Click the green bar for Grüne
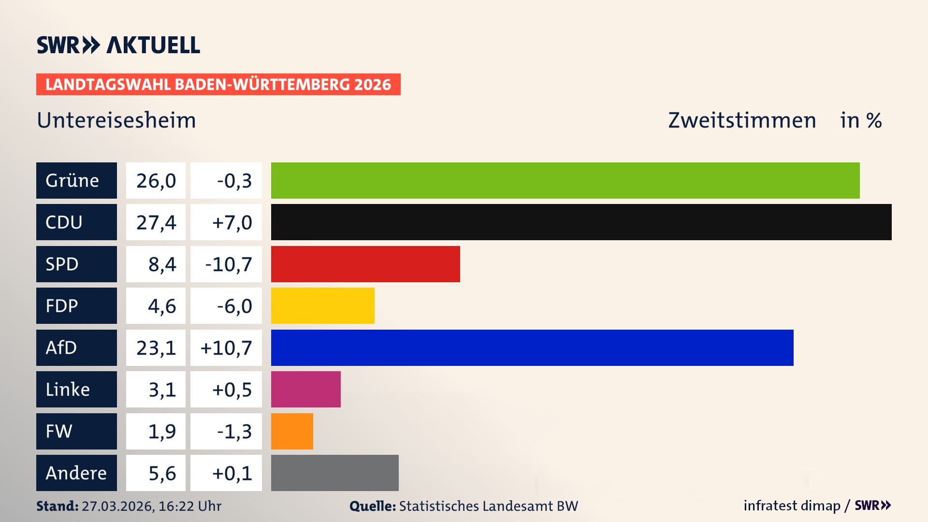click(x=565, y=180)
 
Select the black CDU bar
click(x=581, y=222)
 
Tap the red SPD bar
click(x=365, y=264)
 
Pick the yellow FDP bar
click(x=322, y=305)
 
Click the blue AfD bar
click(x=532, y=348)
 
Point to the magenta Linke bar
click(x=305, y=389)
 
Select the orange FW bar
click(x=292, y=431)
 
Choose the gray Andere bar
click(x=334, y=473)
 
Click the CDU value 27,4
click(x=156, y=222)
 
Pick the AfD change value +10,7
click(x=226, y=348)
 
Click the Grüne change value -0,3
click(x=234, y=181)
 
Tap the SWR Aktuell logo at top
click(x=118, y=45)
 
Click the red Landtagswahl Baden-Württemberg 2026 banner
click(x=218, y=85)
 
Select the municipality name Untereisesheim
click(x=116, y=120)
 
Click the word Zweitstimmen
click(x=742, y=120)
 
